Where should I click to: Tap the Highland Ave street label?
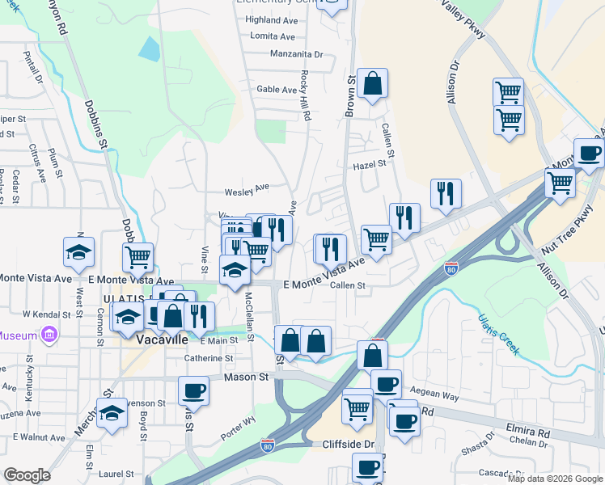[273, 19]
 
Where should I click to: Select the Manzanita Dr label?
[298, 55]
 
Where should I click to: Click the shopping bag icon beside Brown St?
[372, 83]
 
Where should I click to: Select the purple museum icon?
[49, 335]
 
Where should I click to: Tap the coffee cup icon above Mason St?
[194, 391]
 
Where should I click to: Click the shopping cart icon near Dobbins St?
[138, 257]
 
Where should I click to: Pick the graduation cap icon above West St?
[79, 253]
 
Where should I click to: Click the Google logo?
[27, 475]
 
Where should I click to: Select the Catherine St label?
[209, 358]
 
